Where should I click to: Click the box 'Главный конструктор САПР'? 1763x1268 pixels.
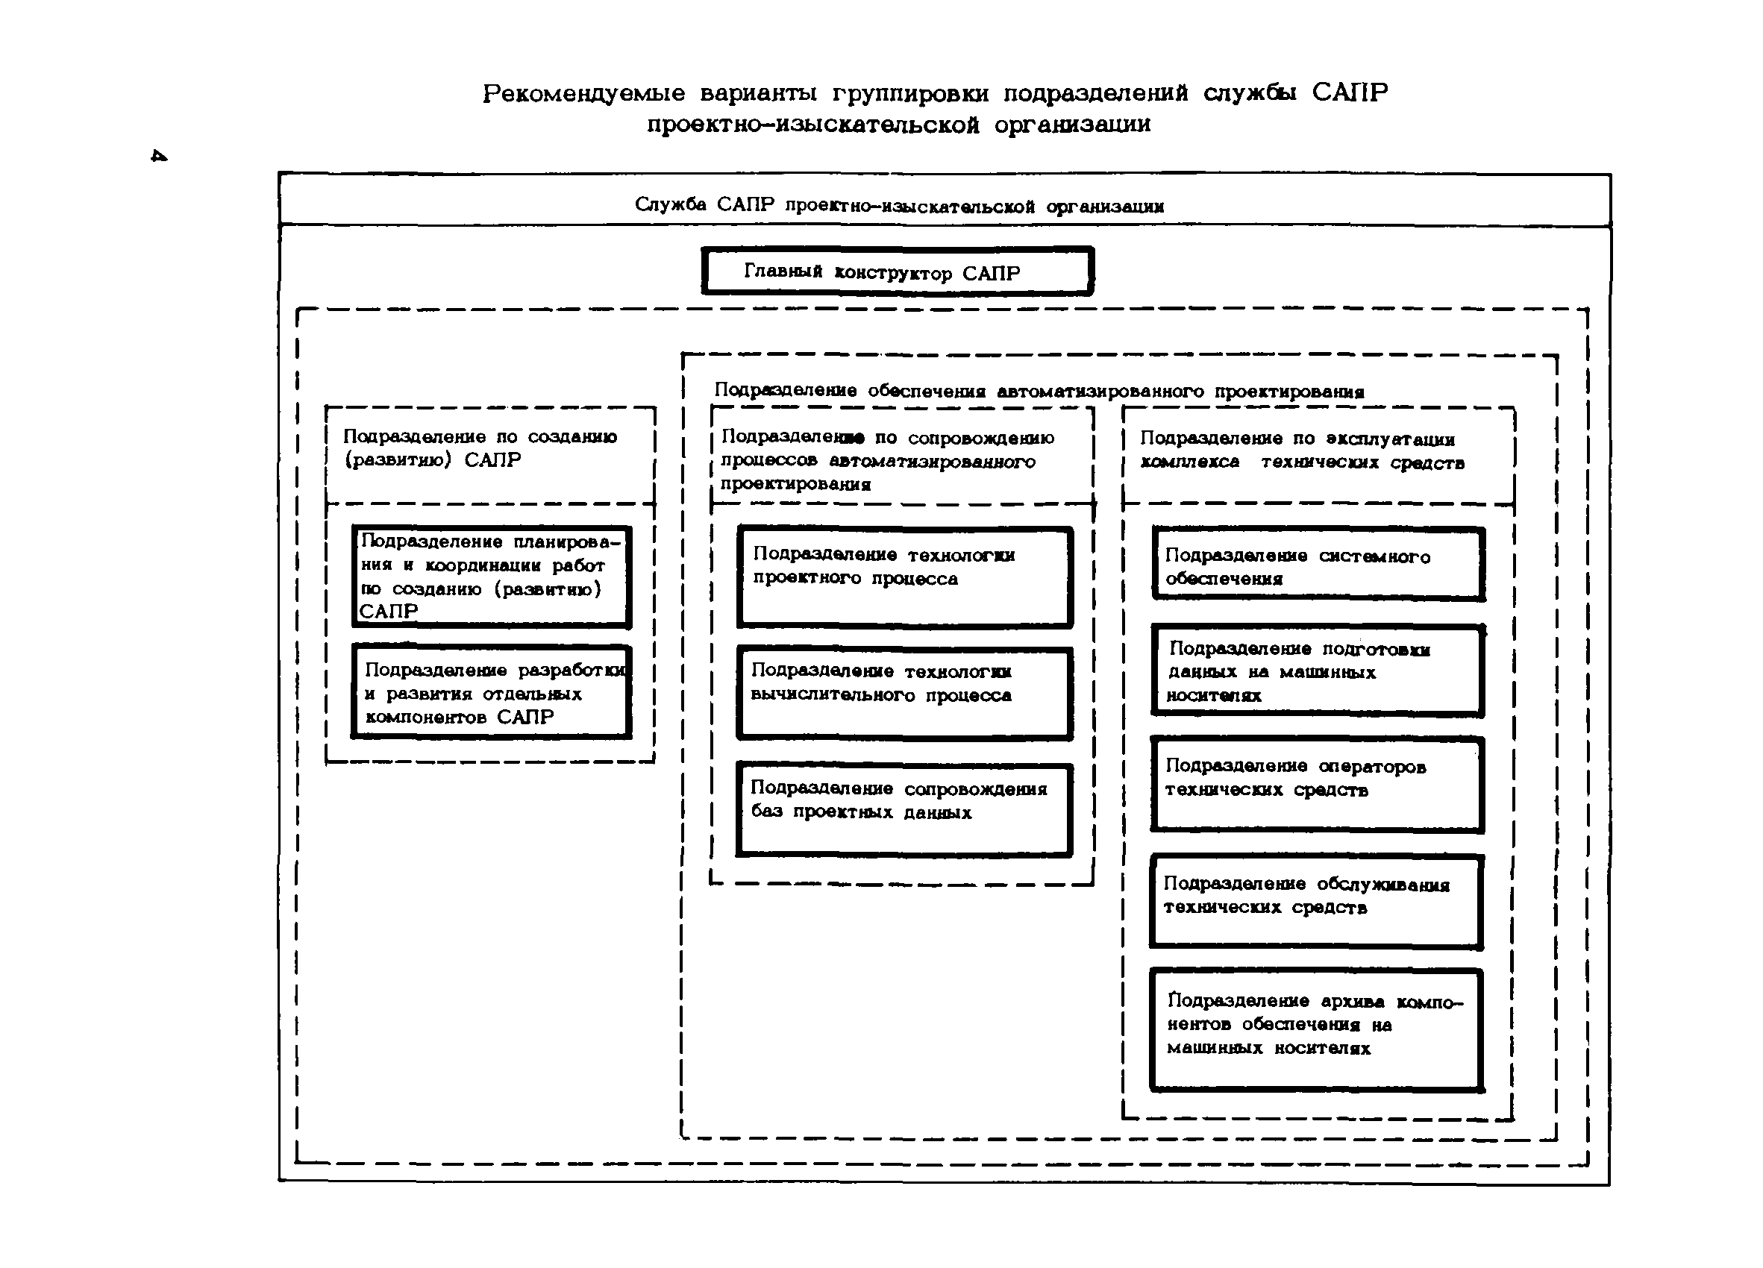(897, 272)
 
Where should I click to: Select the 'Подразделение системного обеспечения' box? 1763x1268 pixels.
(1318, 565)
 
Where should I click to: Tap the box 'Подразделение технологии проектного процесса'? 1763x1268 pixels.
(905, 577)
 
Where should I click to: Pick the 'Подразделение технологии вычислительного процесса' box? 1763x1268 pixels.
(905, 694)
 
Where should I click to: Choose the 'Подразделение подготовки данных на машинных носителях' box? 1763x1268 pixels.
(1318, 671)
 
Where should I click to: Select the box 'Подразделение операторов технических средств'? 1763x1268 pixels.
(1318, 785)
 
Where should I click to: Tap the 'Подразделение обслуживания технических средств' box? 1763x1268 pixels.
(1317, 903)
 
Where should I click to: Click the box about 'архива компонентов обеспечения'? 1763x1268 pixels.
(1317, 1030)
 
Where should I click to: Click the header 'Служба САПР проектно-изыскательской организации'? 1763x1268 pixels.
(898, 205)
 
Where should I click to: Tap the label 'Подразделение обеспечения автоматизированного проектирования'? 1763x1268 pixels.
(1039, 391)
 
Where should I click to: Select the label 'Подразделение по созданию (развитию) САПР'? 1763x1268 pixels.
(480, 448)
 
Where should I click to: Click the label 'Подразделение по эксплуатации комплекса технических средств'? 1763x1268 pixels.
(1302, 451)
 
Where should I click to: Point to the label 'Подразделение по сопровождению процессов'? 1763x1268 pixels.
(887, 460)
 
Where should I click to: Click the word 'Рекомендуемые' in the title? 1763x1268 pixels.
(583, 93)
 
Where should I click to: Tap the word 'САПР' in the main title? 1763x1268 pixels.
(1350, 92)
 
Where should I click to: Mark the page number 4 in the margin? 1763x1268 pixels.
(159, 156)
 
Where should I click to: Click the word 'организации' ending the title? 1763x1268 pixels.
(1072, 125)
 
